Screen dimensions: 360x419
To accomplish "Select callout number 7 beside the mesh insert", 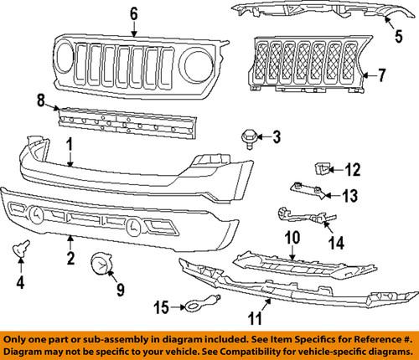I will click(x=380, y=75).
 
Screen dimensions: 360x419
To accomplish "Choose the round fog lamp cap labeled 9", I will click(x=101, y=267).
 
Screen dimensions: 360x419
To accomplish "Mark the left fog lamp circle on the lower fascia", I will click(x=37, y=215).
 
